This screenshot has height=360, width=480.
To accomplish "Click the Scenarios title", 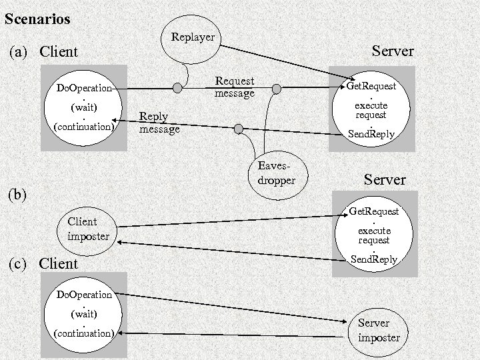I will click(37, 19).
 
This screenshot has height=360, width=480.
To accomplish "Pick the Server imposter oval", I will click(379, 330).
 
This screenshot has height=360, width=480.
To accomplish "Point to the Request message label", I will click(234, 87).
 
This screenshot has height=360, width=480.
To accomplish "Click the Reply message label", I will click(159, 122).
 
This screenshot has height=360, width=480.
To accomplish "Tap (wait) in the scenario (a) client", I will click(84, 107).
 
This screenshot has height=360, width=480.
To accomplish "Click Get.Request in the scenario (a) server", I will click(371, 86).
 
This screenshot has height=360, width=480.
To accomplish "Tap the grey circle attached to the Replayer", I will click(177, 87).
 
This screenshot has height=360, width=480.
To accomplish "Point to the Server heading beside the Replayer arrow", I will click(393, 51).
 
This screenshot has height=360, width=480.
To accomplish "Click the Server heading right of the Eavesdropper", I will click(385, 180).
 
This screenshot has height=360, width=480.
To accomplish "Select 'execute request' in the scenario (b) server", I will click(373, 235).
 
